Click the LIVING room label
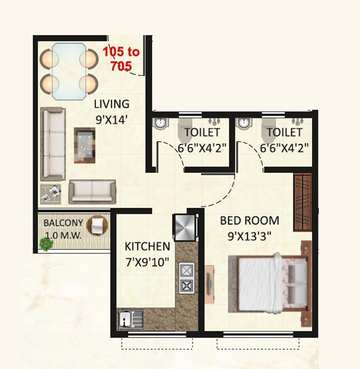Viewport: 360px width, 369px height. click(111, 103)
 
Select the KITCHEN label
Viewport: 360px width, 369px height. click(147, 246)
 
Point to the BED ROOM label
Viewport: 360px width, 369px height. click(250, 220)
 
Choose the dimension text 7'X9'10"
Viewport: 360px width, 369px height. click(148, 260)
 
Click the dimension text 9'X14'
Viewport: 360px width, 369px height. click(111, 120)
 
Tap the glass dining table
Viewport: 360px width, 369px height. click(69, 70)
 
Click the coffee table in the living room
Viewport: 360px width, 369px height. click(85, 145)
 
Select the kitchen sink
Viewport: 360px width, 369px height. click(130, 319)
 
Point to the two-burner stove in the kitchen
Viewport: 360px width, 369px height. click(186, 277)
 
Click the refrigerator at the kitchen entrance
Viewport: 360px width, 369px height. click(185, 228)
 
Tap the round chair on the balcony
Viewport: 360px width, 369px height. click(97, 226)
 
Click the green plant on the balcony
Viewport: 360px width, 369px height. click(45, 244)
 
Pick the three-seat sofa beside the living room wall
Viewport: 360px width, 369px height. click(52, 145)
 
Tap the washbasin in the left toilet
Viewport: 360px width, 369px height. click(159, 122)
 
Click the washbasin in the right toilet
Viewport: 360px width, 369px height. click(244, 122)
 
